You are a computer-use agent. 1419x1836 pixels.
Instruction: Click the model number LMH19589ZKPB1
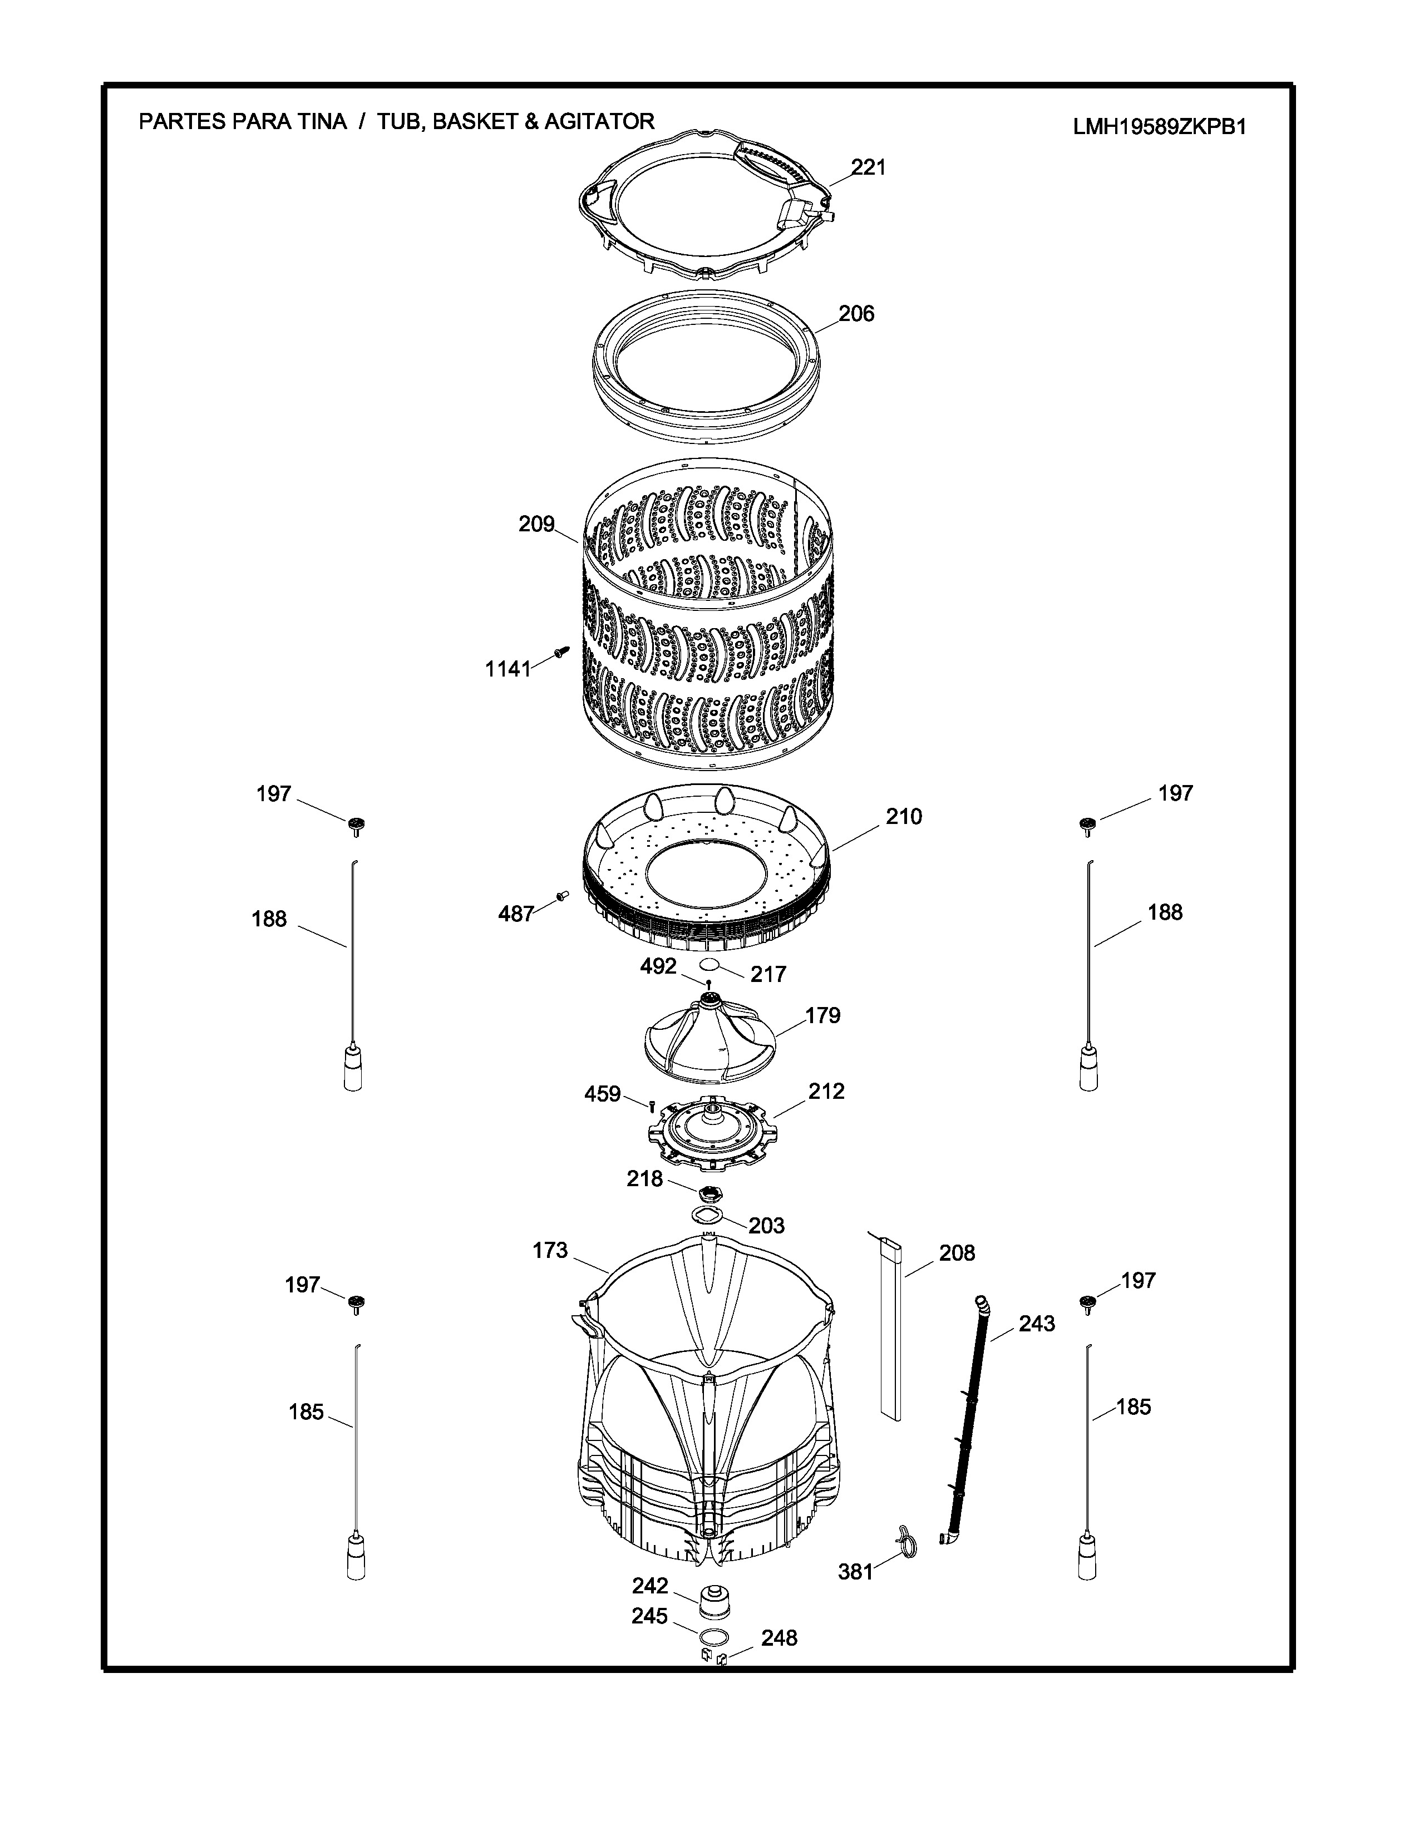[1159, 127]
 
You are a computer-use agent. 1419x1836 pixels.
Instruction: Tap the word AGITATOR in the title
[599, 121]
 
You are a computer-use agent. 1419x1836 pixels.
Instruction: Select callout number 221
[869, 167]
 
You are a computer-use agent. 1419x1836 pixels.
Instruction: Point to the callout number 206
[856, 314]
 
